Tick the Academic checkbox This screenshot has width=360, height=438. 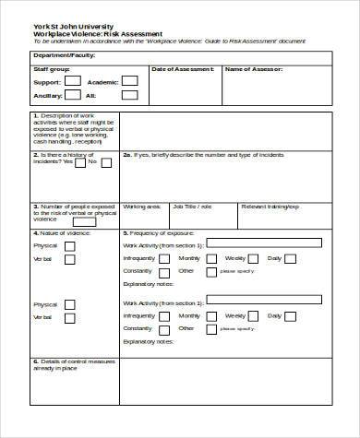(131, 82)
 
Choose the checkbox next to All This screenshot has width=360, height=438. (131, 96)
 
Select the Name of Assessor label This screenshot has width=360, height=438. (254, 69)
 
